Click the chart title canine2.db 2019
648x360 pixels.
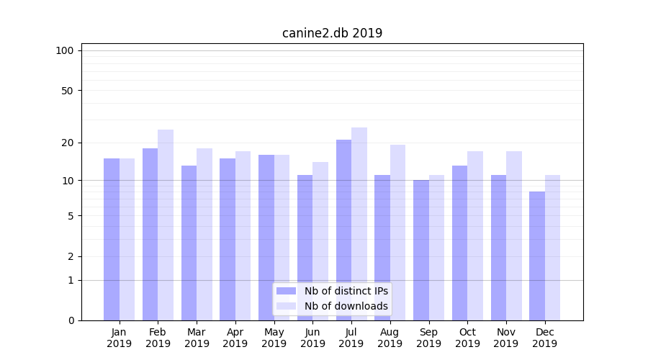332,33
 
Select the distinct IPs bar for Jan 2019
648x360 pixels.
112,239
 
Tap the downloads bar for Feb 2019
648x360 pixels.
166,225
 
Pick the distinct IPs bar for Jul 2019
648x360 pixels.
343,230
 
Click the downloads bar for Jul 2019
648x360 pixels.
359,224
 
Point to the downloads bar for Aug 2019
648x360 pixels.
398,233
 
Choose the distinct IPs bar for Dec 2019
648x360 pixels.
537,256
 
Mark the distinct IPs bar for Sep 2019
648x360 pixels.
421,250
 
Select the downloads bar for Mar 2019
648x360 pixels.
204,234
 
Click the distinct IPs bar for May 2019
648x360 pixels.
266,238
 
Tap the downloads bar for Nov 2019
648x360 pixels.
514,235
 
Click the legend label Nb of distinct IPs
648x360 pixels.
346,291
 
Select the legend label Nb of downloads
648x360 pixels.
346,306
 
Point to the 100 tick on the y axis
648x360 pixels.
65,50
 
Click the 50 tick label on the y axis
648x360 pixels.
67,91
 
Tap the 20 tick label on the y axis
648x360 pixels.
67,143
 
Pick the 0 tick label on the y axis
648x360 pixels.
71,320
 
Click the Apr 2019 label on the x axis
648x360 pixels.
235,338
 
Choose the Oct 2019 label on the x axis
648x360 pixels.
467,338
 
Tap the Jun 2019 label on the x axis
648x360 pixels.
312,338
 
